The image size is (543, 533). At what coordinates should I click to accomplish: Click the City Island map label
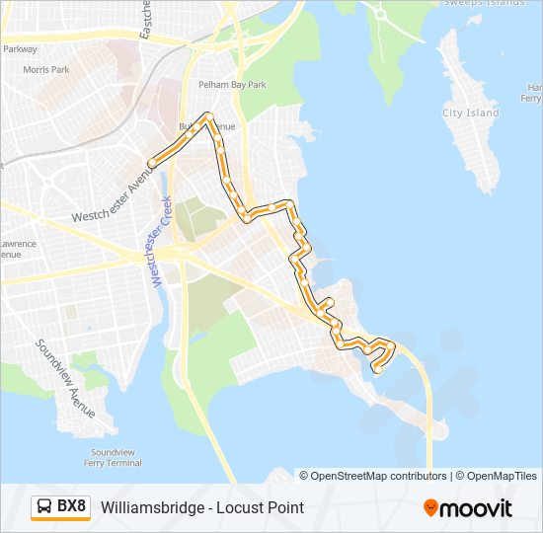click(x=471, y=114)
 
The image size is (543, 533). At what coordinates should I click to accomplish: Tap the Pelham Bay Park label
click(x=232, y=85)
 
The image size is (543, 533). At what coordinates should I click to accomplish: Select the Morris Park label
click(x=46, y=70)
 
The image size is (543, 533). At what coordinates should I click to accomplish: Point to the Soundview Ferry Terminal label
click(x=110, y=457)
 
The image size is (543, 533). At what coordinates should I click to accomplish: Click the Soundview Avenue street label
click(x=66, y=378)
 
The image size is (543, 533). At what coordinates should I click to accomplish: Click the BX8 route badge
click(x=60, y=507)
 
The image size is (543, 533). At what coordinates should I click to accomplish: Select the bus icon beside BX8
click(x=45, y=507)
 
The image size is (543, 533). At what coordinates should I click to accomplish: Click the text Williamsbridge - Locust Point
click(x=202, y=507)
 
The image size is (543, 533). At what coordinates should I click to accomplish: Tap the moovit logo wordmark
click(x=476, y=508)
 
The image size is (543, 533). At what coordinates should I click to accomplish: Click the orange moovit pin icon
click(x=430, y=507)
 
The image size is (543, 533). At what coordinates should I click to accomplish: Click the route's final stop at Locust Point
click(x=377, y=370)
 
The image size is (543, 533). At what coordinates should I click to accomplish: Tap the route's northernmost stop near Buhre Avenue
click(x=208, y=116)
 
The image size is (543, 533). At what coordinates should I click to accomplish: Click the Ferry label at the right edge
click(x=531, y=99)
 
